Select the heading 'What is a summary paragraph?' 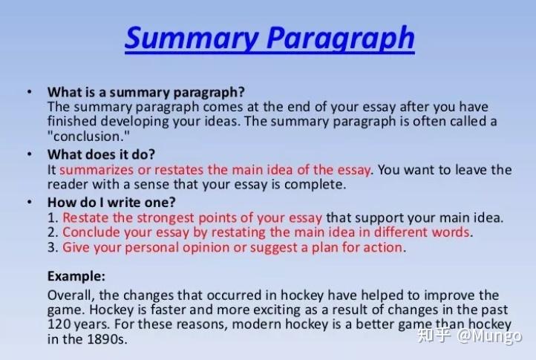coord(146,92)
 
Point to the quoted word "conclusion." coord(84,136)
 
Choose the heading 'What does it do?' coord(101,154)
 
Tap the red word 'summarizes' coord(97,170)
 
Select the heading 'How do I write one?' coord(111,203)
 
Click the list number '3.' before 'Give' coord(53,247)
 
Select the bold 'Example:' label coord(76,275)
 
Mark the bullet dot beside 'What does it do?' coord(29,154)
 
